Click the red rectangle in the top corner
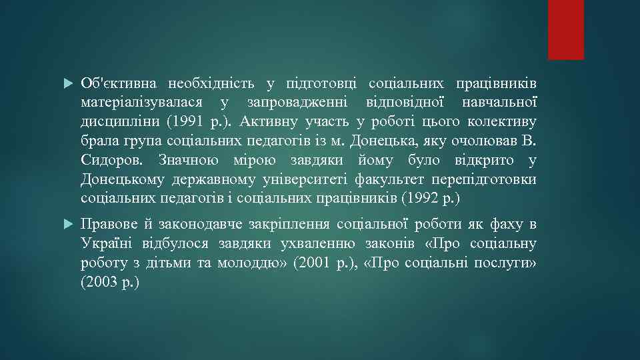pos(565,29)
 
